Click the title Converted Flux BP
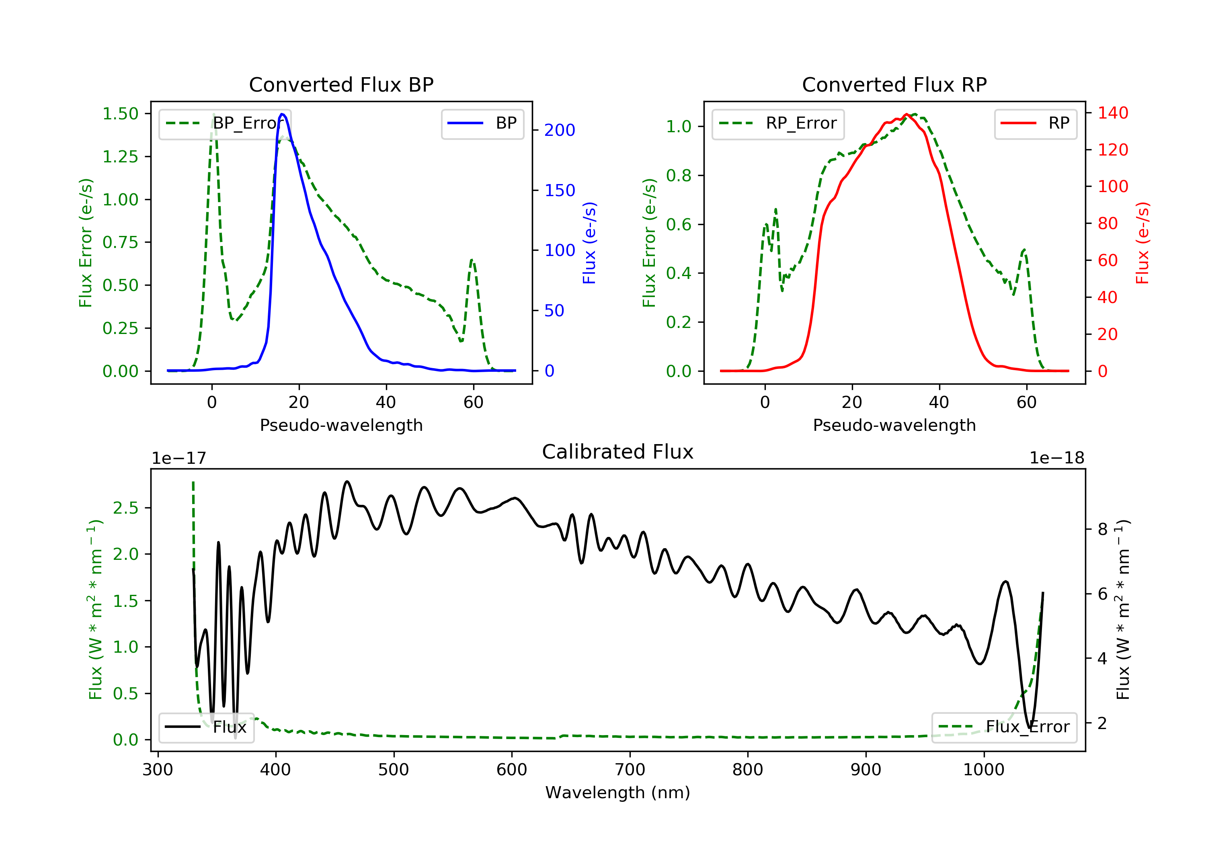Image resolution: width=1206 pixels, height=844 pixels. [x=341, y=84]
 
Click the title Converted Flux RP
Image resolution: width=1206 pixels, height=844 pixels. [x=894, y=84]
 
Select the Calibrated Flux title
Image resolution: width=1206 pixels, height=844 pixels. [x=618, y=452]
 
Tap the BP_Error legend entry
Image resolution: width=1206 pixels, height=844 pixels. [x=225, y=123]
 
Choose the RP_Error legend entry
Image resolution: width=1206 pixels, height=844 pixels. [x=778, y=123]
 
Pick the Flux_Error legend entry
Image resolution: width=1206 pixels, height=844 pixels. [x=1004, y=727]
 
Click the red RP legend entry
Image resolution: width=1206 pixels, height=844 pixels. [x=1035, y=123]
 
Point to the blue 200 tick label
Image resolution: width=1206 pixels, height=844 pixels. [x=560, y=130]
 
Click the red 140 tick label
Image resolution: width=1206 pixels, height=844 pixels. [x=1112, y=113]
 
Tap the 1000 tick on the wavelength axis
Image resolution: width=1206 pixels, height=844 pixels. [x=984, y=770]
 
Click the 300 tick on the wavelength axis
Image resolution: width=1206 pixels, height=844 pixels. [x=158, y=770]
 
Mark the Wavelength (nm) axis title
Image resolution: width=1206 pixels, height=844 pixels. [x=618, y=793]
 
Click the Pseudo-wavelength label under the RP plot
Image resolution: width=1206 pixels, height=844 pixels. [x=894, y=425]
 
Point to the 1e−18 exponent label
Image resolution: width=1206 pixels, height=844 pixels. [x=1057, y=458]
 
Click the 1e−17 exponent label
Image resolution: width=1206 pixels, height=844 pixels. [x=179, y=458]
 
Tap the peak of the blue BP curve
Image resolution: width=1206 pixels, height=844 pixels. [x=282, y=114]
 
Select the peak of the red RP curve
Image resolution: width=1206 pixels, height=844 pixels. [x=907, y=114]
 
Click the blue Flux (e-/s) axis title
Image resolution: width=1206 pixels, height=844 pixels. [x=589, y=243]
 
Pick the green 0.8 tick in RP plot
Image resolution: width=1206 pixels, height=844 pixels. [x=679, y=175]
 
